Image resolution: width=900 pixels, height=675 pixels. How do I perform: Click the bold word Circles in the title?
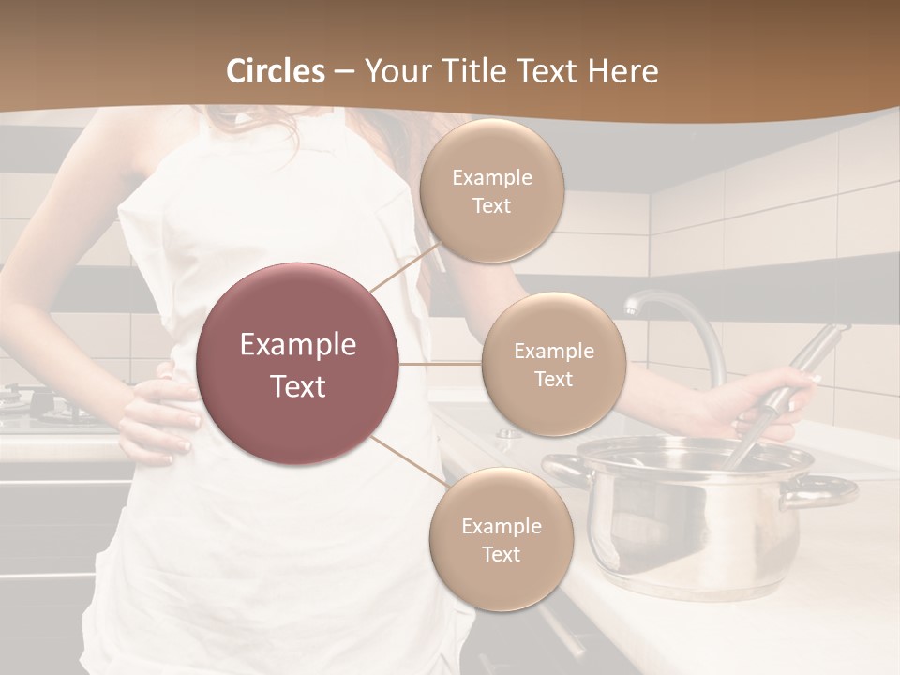pyautogui.click(x=276, y=71)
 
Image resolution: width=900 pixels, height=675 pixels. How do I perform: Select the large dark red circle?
pyautogui.click(x=298, y=364)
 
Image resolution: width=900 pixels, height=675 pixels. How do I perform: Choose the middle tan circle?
pyautogui.click(x=553, y=364)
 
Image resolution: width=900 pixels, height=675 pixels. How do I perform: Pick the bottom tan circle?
pyautogui.click(x=501, y=539)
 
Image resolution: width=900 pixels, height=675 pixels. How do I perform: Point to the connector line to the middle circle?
pyautogui.click(x=441, y=364)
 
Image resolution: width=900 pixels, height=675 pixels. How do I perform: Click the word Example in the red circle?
pyautogui.click(x=298, y=345)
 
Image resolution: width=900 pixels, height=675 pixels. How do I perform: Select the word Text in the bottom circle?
pyautogui.click(x=501, y=554)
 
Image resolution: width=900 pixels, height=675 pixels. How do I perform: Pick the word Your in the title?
pyautogui.click(x=395, y=71)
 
